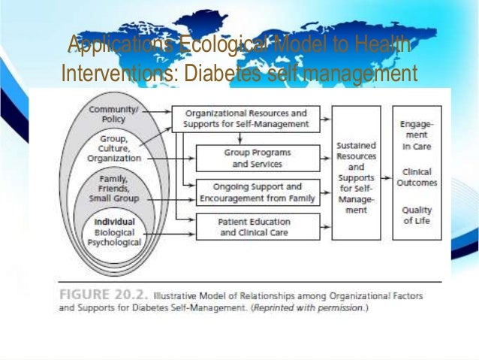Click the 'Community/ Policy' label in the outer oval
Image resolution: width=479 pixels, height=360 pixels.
tap(112, 114)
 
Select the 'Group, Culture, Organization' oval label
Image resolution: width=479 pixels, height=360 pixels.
tap(113, 149)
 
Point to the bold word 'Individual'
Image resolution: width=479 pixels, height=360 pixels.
tap(114, 222)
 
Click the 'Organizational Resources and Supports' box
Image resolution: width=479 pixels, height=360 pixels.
tap(246, 118)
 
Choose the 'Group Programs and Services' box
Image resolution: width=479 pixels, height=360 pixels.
tap(257, 158)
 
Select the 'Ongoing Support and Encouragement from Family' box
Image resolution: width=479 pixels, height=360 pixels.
tap(257, 192)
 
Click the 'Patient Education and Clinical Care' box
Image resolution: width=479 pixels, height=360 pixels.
tap(257, 227)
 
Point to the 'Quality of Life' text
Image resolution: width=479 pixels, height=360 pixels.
tap(416, 216)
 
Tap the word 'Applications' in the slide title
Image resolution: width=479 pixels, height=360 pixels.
tap(113, 47)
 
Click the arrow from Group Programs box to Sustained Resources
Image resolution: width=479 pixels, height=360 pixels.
tap(325, 158)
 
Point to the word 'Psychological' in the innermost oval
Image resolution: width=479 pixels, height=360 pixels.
tap(113, 243)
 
